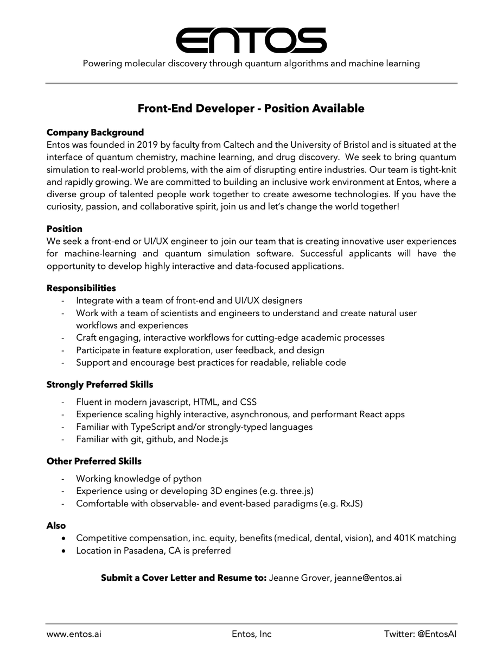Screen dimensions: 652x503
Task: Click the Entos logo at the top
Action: click(x=251, y=40)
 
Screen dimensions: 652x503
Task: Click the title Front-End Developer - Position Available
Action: click(x=251, y=108)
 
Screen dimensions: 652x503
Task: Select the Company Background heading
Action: click(x=95, y=133)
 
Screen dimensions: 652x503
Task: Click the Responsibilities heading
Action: click(x=81, y=288)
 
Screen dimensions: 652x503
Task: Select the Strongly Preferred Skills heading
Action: click(x=99, y=385)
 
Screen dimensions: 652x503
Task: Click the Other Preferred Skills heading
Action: click(x=94, y=461)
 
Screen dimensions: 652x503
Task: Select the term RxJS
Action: click(x=349, y=503)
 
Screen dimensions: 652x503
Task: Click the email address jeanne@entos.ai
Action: click(x=368, y=578)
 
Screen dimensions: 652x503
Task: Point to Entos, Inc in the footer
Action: click(x=251, y=634)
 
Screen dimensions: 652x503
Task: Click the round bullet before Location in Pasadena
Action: click(x=65, y=551)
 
